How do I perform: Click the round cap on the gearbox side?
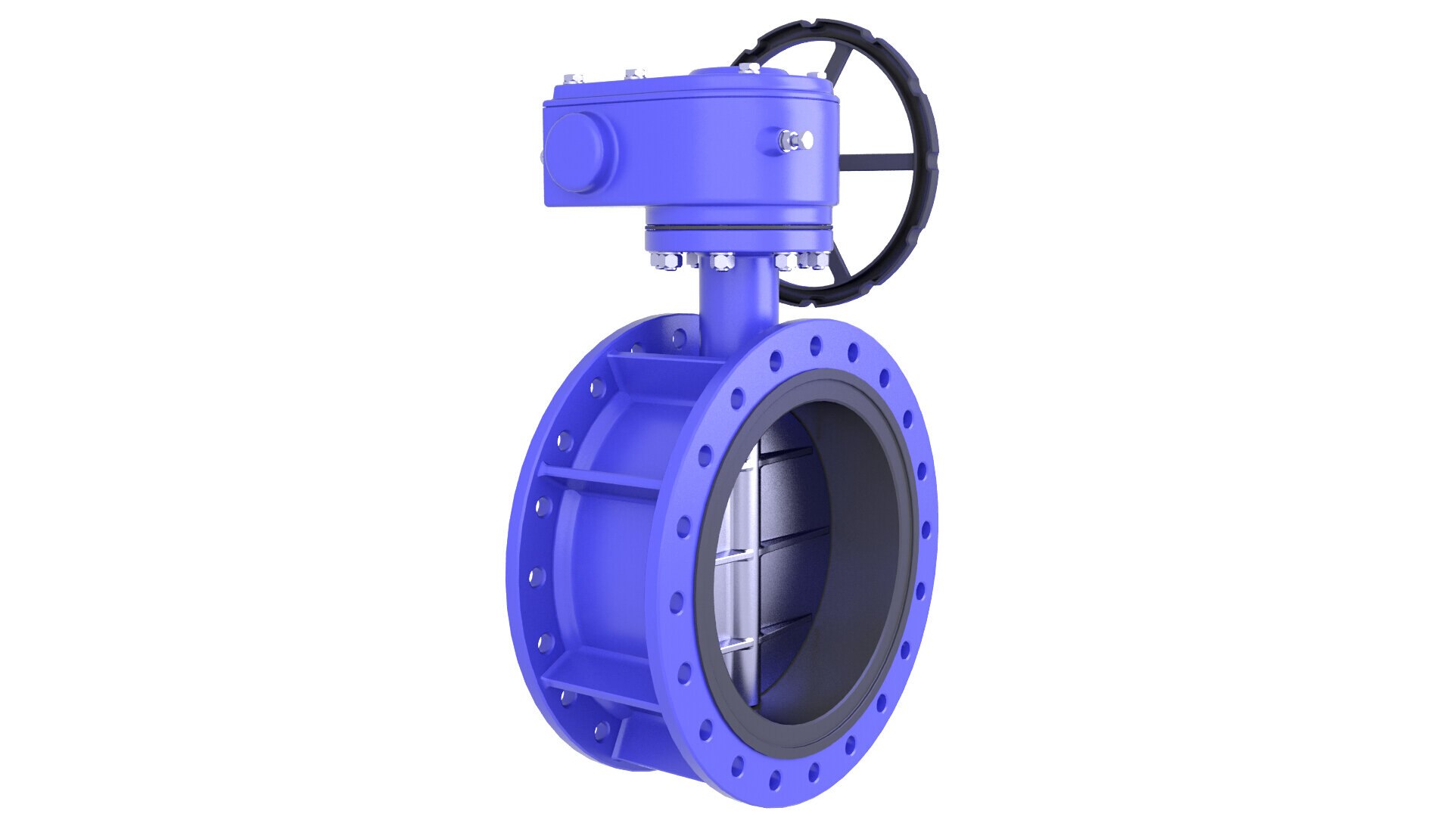click(x=579, y=154)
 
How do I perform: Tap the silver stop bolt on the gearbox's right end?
click(x=794, y=139)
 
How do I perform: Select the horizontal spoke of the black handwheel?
click(x=878, y=161)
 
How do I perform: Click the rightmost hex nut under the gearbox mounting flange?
click(x=817, y=259)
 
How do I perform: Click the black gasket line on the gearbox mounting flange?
click(x=738, y=228)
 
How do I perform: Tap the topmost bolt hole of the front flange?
click(x=815, y=346)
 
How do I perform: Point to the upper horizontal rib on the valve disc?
click(x=787, y=455)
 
